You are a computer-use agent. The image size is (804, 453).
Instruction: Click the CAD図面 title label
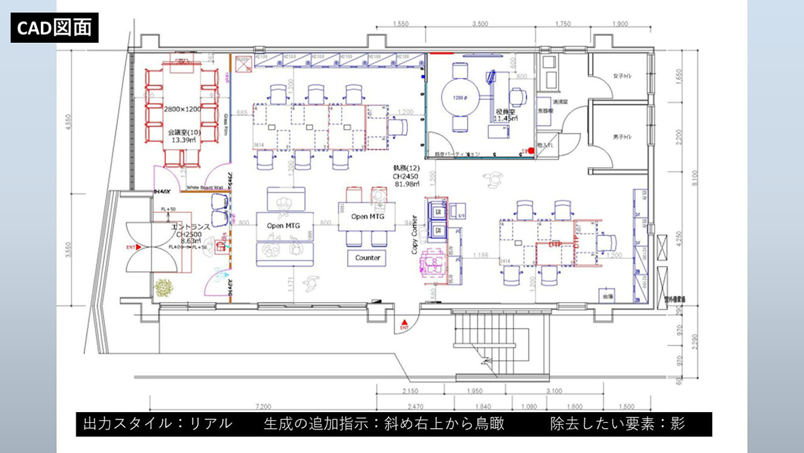point(54,28)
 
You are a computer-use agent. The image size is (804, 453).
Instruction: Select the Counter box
point(367,258)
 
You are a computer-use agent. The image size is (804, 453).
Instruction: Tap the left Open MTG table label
point(283,225)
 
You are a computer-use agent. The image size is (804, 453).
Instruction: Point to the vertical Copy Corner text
point(415,234)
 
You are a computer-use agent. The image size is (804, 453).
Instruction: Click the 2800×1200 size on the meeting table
point(182,108)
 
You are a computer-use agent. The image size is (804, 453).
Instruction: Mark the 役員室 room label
point(503,111)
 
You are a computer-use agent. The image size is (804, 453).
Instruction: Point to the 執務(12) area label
point(406,168)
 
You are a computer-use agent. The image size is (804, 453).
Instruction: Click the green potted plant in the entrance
point(163,288)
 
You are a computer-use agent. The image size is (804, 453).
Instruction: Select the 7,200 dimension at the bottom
point(263,407)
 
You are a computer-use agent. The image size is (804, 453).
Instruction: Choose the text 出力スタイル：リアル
point(158,424)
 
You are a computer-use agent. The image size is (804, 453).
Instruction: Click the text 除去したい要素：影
point(616,424)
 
